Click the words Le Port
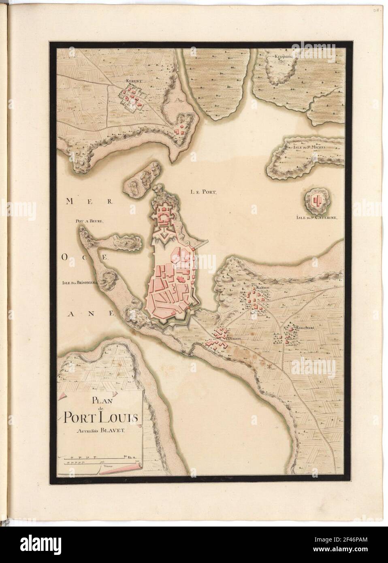click(204, 192)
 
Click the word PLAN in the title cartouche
click(100, 402)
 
